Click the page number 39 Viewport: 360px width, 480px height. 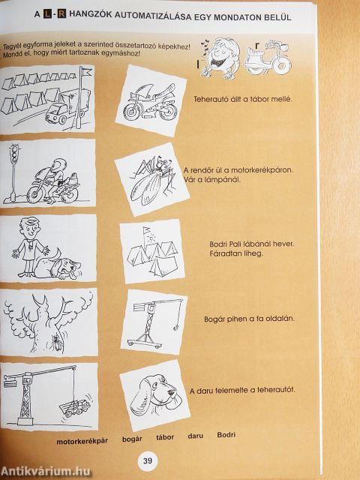pos(148,460)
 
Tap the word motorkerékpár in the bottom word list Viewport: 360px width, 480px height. pos(82,441)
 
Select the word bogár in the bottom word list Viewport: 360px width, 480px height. pos(132,439)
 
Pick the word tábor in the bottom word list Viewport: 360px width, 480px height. pos(165,437)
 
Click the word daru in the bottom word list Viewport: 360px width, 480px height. pos(195,436)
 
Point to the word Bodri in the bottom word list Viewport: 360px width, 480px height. pos(226,435)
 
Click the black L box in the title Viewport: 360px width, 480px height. pos(47,13)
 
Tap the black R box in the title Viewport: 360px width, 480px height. pos(61,13)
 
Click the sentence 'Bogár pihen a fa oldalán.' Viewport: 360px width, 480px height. pos(249,319)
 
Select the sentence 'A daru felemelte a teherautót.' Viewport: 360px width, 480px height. pos(242,390)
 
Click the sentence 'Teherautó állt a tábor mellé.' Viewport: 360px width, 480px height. pos(243,99)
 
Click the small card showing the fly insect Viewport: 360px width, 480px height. pos(152,179)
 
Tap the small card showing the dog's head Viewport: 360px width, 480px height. pos(154,395)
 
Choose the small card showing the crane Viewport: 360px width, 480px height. pos(154,322)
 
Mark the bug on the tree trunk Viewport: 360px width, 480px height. pos(57,343)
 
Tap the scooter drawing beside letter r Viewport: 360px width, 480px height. pos(268,58)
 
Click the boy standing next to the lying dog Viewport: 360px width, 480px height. pos(29,246)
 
